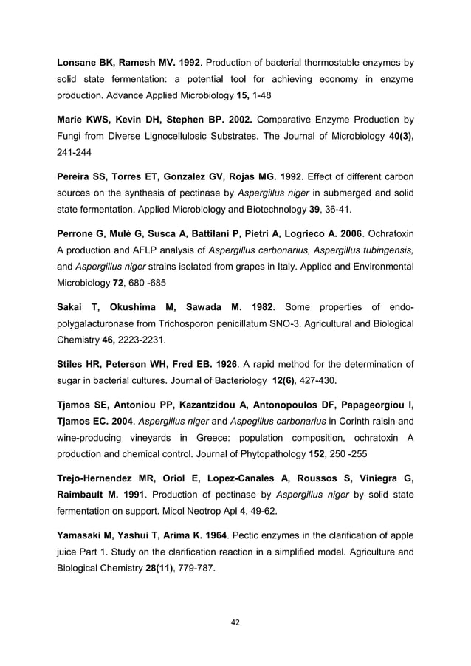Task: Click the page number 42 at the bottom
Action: [235, 622]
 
